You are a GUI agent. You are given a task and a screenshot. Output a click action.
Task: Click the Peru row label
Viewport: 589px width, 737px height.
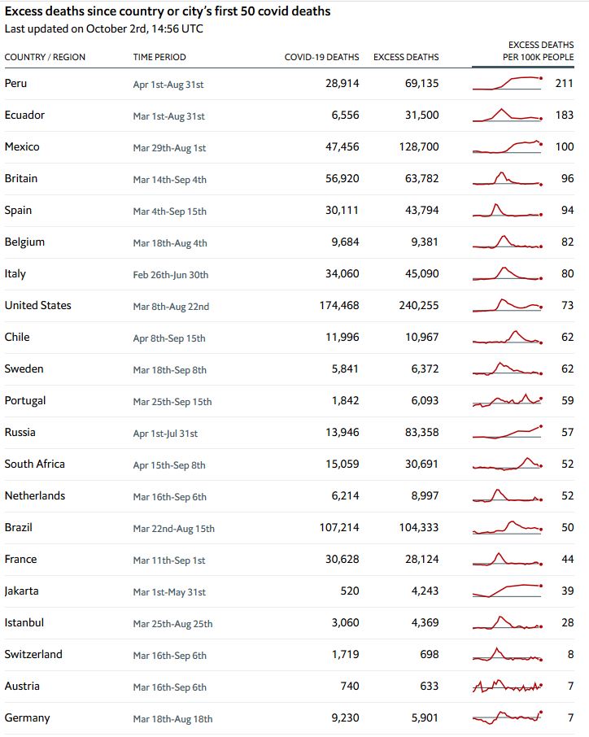[x=15, y=83]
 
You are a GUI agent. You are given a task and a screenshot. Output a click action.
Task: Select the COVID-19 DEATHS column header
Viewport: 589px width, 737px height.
[x=321, y=57]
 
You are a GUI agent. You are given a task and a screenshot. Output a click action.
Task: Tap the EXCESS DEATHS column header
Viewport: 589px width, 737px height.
[x=406, y=57]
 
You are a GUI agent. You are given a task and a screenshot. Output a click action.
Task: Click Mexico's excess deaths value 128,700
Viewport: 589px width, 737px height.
[x=421, y=146]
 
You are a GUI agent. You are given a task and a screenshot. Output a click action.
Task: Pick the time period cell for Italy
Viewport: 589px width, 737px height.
[x=170, y=275]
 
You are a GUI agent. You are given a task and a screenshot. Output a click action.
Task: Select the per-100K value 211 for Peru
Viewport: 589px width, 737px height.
[x=564, y=83]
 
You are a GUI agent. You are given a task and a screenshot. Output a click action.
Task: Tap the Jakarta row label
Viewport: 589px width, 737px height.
[x=21, y=591]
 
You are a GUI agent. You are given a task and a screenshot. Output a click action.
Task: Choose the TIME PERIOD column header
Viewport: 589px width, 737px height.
[x=159, y=57]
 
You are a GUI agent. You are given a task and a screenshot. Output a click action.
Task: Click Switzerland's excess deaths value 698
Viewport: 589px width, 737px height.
[x=429, y=654]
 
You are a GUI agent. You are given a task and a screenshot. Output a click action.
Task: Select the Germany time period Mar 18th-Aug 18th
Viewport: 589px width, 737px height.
[x=172, y=719]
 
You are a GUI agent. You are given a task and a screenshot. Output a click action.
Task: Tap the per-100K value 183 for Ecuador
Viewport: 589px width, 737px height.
[x=564, y=115]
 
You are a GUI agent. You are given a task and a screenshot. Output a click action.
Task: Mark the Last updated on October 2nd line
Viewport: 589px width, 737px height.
[x=103, y=28]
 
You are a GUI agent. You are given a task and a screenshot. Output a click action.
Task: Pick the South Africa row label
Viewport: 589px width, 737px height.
[x=34, y=464]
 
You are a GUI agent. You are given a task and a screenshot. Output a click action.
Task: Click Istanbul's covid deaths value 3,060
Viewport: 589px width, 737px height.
[x=343, y=622]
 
